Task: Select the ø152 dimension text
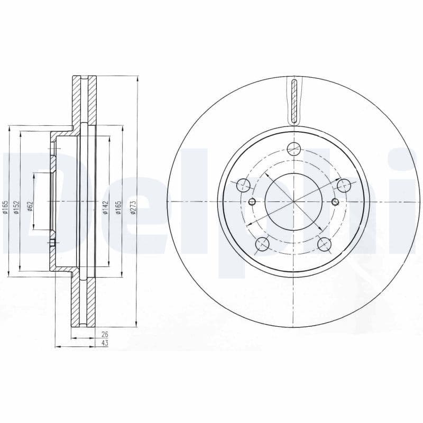[x=16, y=207]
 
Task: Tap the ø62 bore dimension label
[x=30, y=205]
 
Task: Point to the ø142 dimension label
[x=105, y=208]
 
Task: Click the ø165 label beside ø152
[x=5, y=207]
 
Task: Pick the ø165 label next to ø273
[x=119, y=208]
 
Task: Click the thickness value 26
[x=104, y=334]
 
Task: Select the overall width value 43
[x=104, y=343]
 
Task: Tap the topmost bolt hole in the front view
[x=293, y=149]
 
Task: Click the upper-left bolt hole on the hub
[x=243, y=186]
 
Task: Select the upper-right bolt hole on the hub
[x=344, y=186]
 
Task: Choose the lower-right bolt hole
[x=325, y=244]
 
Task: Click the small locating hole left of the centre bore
[x=252, y=201]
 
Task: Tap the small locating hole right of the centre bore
[x=335, y=201]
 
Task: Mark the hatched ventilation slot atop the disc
[x=294, y=100]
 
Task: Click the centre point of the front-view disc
[x=293, y=201]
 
